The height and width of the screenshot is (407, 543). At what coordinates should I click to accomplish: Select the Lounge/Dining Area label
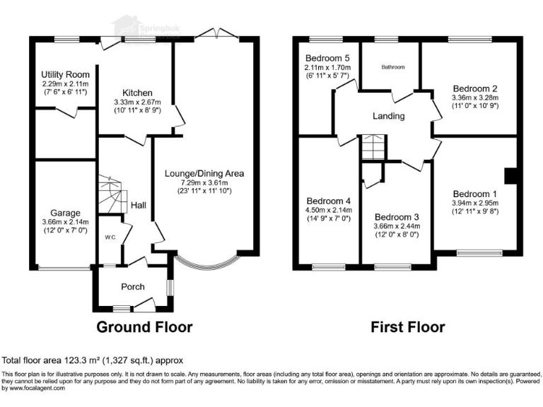coord(204,173)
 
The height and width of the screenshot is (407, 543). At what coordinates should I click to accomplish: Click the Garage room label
coord(64,213)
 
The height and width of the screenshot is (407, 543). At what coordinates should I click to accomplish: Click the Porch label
coord(133,286)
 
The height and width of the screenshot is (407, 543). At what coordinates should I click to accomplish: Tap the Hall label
coord(139,205)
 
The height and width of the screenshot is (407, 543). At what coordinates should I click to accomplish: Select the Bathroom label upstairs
coord(393,67)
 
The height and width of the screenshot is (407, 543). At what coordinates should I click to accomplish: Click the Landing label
coord(389,116)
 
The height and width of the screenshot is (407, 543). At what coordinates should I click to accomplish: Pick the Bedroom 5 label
coord(328,57)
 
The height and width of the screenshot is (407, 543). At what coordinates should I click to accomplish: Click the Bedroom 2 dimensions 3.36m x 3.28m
coord(475,98)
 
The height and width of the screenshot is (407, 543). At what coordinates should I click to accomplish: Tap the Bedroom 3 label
coord(397,217)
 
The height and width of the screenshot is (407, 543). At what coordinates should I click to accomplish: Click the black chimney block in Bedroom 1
coord(508,175)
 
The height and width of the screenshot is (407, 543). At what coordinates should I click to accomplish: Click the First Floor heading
coord(408,327)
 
